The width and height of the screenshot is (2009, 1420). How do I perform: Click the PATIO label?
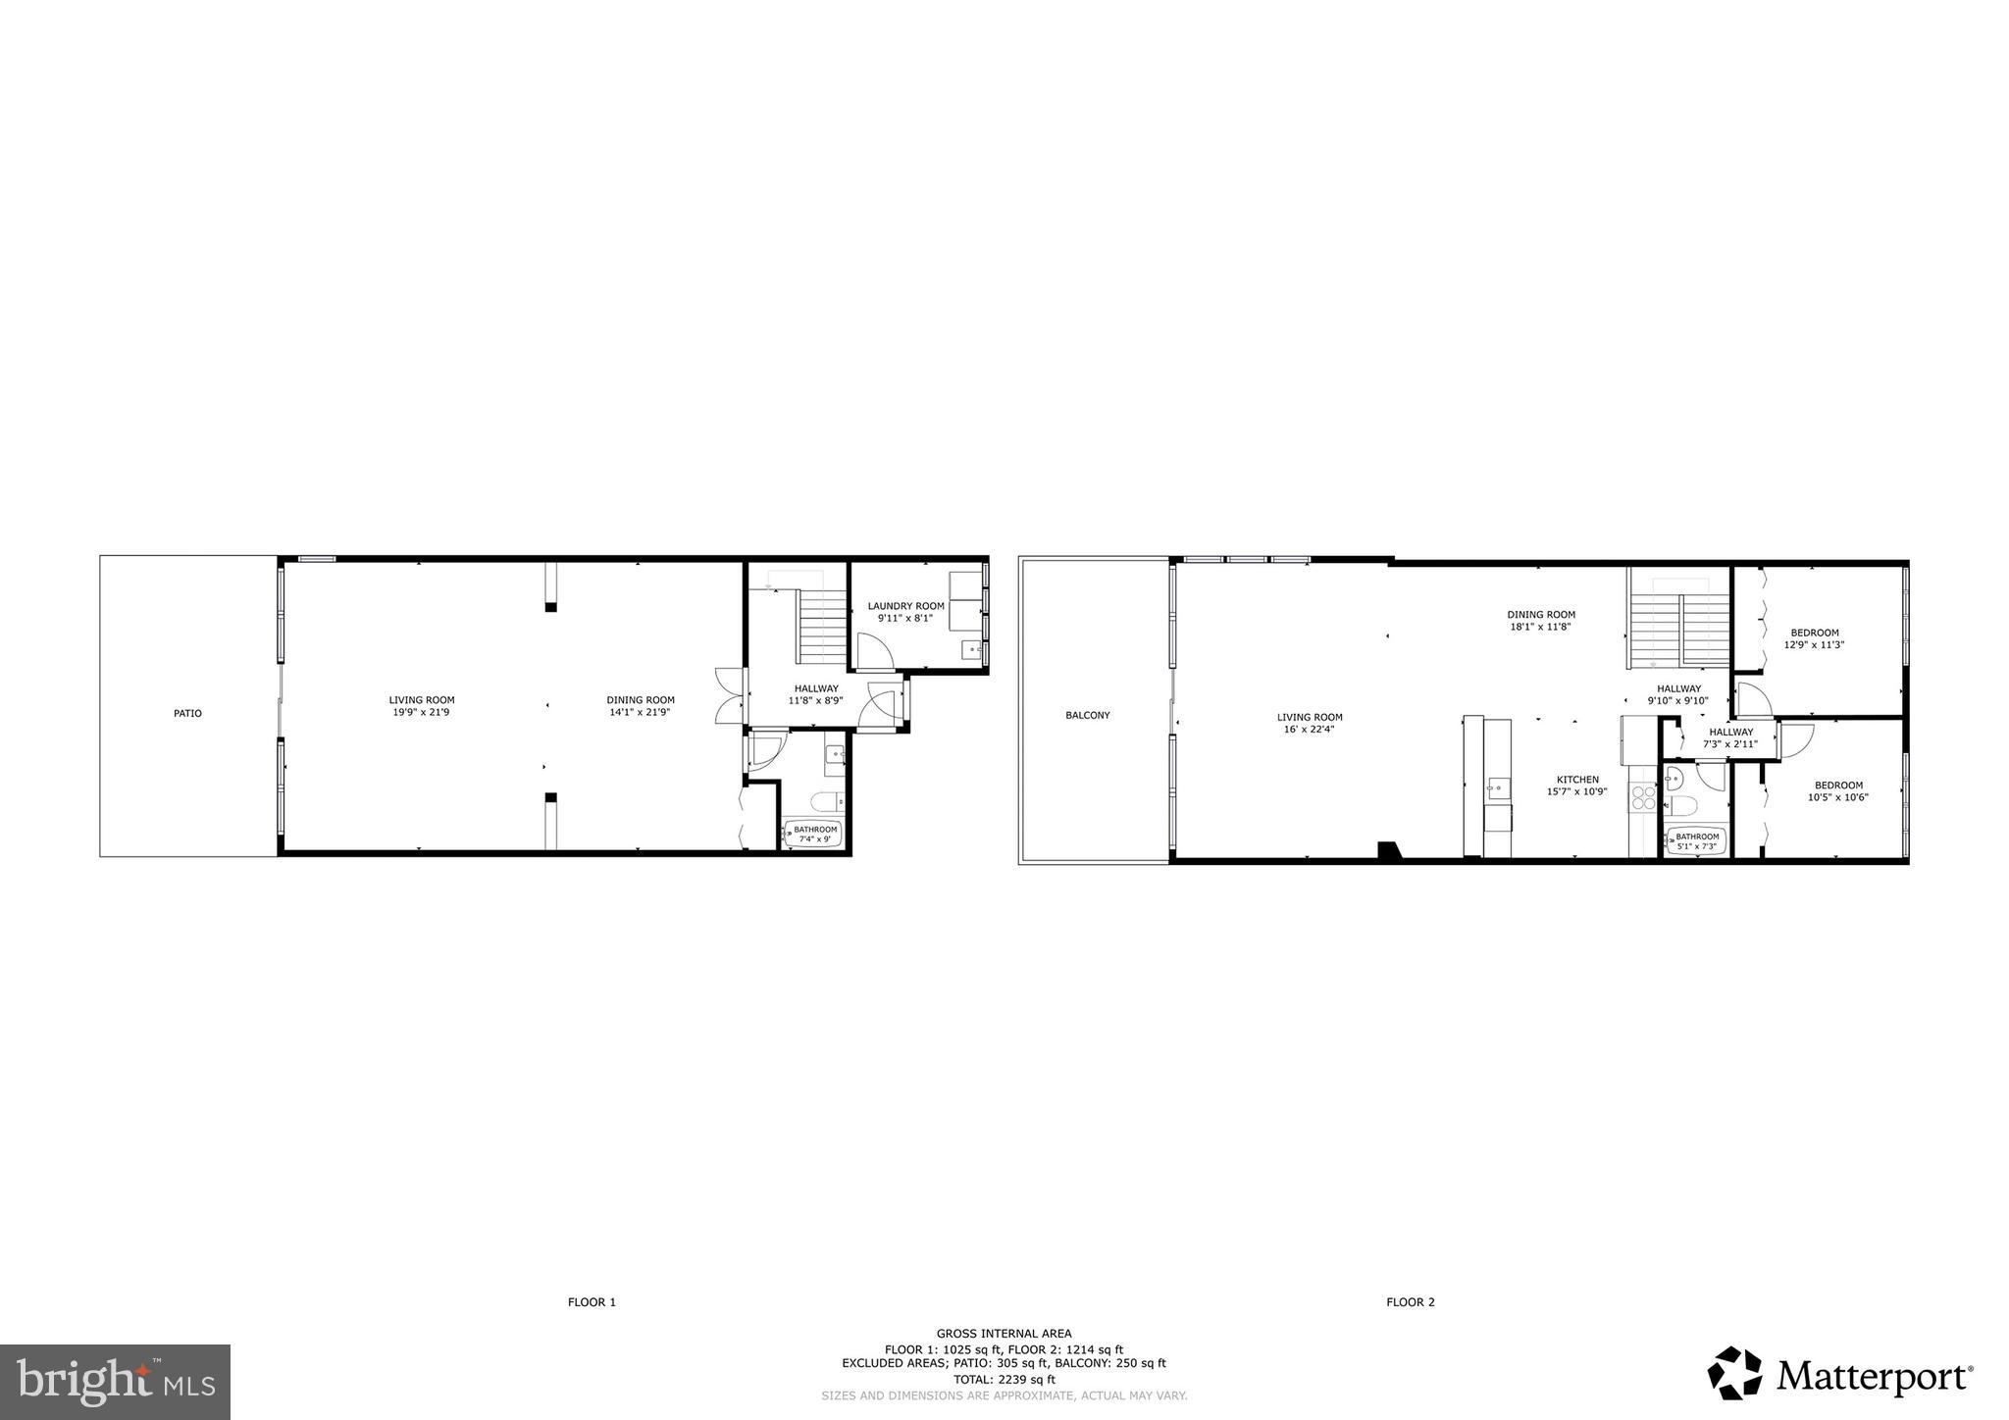click(x=187, y=713)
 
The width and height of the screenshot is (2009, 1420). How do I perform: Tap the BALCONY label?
click(x=1088, y=715)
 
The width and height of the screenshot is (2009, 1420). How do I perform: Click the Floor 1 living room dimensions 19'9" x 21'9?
click(x=421, y=712)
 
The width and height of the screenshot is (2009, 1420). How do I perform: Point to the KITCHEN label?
click(x=1577, y=780)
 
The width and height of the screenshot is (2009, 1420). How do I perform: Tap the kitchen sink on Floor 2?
click(x=1497, y=786)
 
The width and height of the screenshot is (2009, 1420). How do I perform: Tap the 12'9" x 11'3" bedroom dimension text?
click(x=1814, y=644)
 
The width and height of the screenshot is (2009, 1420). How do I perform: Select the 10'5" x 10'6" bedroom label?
click(x=1837, y=790)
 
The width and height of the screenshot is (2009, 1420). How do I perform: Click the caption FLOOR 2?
click(x=1410, y=1302)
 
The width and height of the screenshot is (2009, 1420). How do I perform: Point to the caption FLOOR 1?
click(x=592, y=1302)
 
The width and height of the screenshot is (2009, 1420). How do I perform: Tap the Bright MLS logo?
click(x=116, y=1382)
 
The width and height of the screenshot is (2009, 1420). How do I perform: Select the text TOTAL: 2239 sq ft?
click(x=1004, y=1379)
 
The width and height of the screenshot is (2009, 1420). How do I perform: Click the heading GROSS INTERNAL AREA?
click(x=1004, y=1333)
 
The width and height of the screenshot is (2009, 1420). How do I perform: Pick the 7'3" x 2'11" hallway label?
click(x=1730, y=738)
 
